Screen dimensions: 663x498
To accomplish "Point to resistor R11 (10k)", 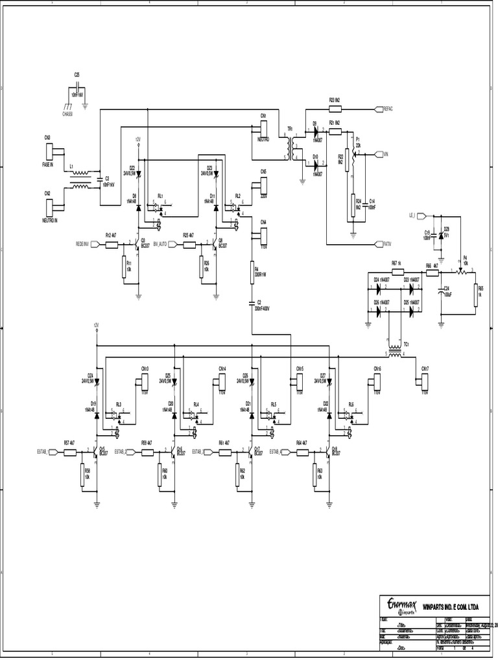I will click(123, 267).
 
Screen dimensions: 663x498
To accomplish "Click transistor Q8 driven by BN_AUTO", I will click(215, 244).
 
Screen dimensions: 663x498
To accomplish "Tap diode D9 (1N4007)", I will click(315, 131).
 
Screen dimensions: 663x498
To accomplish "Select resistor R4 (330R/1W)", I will click(252, 273).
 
